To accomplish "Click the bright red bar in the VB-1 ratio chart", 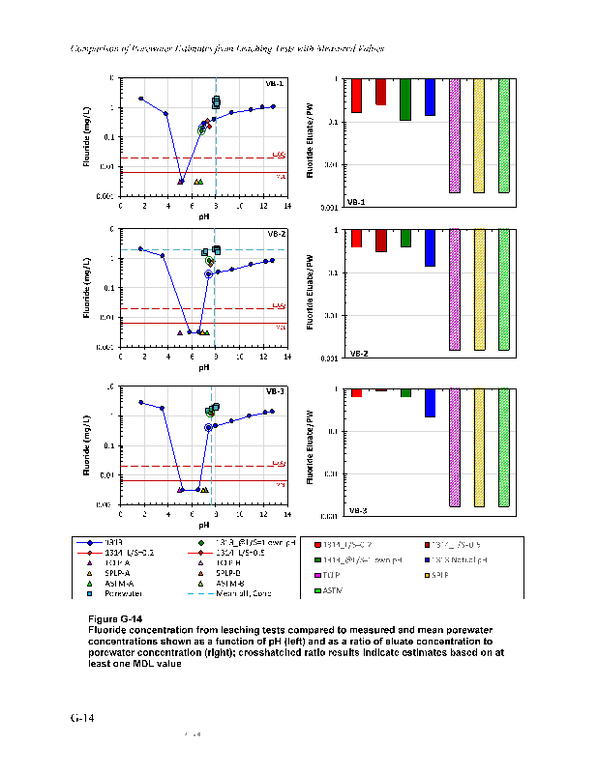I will click(x=357, y=96).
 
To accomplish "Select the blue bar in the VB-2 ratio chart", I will click(x=430, y=247).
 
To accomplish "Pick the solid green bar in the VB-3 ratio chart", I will click(x=405, y=393).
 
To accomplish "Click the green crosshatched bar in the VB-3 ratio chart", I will click(x=503, y=447).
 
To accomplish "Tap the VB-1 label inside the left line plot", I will click(x=275, y=83).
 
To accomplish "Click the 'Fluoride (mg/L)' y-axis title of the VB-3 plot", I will click(x=87, y=445).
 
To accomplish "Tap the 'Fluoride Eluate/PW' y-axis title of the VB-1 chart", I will click(x=311, y=142).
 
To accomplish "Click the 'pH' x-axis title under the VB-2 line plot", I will click(x=204, y=367).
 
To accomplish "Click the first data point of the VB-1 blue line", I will click(x=141, y=99).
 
